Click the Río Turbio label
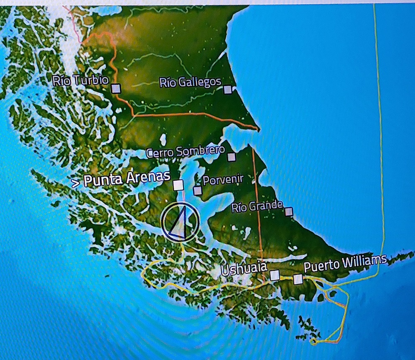[x=80, y=80]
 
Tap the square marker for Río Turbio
[x=116, y=88]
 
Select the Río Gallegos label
[x=190, y=82]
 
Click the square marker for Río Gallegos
[x=227, y=89]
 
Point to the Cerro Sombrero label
[x=186, y=152]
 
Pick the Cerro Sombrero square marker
[x=232, y=157]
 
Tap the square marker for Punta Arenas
[x=178, y=185]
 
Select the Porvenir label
[x=223, y=179]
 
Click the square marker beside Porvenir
[x=198, y=191]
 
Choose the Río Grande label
[x=257, y=206]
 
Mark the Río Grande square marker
[x=289, y=212]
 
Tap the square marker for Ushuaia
[x=274, y=275]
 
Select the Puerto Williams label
[x=345, y=264]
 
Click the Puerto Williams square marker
[x=298, y=279]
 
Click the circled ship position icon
[x=181, y=223]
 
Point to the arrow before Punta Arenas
[x=75, y=183]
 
